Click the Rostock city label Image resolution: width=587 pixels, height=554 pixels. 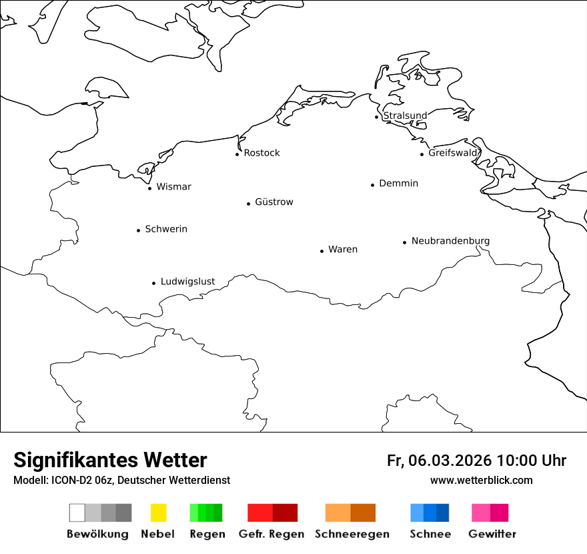point(261,153)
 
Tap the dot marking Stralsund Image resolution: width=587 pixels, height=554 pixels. point(377,117)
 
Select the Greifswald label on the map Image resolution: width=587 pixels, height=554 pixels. point(454,153)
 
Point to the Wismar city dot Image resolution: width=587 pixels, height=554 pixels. point(149,188)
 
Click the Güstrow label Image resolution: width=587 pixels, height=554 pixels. point(273,202)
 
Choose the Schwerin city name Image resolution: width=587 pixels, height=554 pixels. point(166,229)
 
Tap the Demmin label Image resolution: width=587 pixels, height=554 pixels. point(398,183)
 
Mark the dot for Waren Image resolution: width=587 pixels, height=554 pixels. point(322,251)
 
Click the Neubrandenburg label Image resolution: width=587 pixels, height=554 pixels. point(450,240)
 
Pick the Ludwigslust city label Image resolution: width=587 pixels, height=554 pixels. point(187,281)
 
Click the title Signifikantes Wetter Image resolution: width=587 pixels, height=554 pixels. point(110,460)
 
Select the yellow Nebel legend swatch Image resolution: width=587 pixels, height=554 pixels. point(158,513)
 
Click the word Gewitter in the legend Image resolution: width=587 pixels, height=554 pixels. point(492,534)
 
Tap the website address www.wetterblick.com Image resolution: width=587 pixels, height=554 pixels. point(481,480)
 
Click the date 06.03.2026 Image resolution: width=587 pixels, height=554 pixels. point(450,461)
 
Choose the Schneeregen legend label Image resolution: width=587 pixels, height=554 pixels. point(352,534)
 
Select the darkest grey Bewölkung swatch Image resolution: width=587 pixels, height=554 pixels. point(124,513)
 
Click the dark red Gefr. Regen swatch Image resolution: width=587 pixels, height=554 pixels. point(285,513)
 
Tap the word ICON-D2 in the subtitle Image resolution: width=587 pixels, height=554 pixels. point(70,480)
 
